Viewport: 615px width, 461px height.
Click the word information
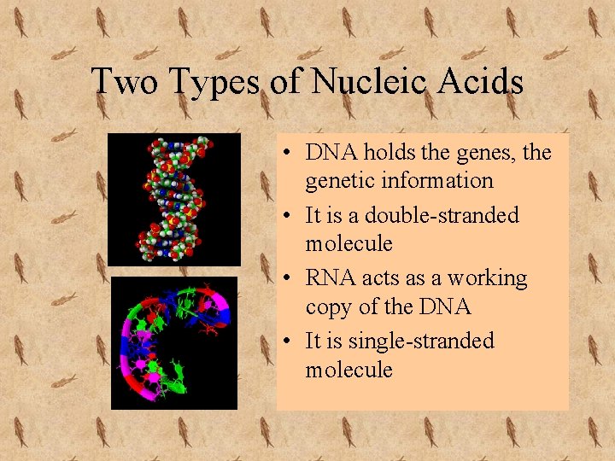click(437, 181)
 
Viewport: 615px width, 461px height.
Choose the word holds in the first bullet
click(389, 153)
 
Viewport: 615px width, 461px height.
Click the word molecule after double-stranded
click(348, 244)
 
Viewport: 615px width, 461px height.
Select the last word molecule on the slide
click(348, 371)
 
